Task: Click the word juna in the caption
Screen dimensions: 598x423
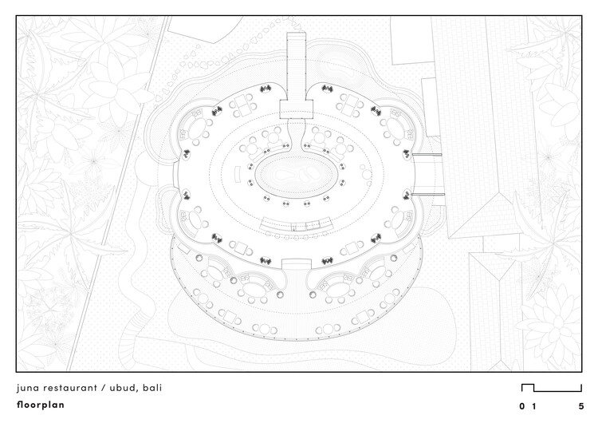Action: (x=27, y=388)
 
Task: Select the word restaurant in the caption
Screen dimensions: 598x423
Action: (x=70, y=388)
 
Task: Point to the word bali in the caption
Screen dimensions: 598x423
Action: (x=152, y=388)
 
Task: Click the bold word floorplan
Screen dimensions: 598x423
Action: (x=41, y=405)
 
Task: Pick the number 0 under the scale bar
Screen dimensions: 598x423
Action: (x=522, y=406)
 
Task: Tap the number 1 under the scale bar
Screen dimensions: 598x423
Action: (x=534, y=406)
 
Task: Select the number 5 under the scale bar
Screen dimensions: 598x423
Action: (x=581, y=406)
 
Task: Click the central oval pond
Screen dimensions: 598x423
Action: (x=296, y=176)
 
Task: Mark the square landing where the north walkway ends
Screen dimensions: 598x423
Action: (x=297, y=109)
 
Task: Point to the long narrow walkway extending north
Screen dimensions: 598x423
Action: (x=297, y=65)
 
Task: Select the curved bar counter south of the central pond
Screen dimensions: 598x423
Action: (x=296, y=225)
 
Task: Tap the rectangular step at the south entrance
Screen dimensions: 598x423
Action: (x=297, y=264)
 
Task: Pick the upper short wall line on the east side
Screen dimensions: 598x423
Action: (x=427, y=155)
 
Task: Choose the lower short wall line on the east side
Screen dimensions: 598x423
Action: (x=427, y=194)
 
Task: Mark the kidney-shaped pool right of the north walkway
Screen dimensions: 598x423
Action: (x=335, y=68)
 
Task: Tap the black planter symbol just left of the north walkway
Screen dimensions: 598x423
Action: (x=266, y=89)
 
